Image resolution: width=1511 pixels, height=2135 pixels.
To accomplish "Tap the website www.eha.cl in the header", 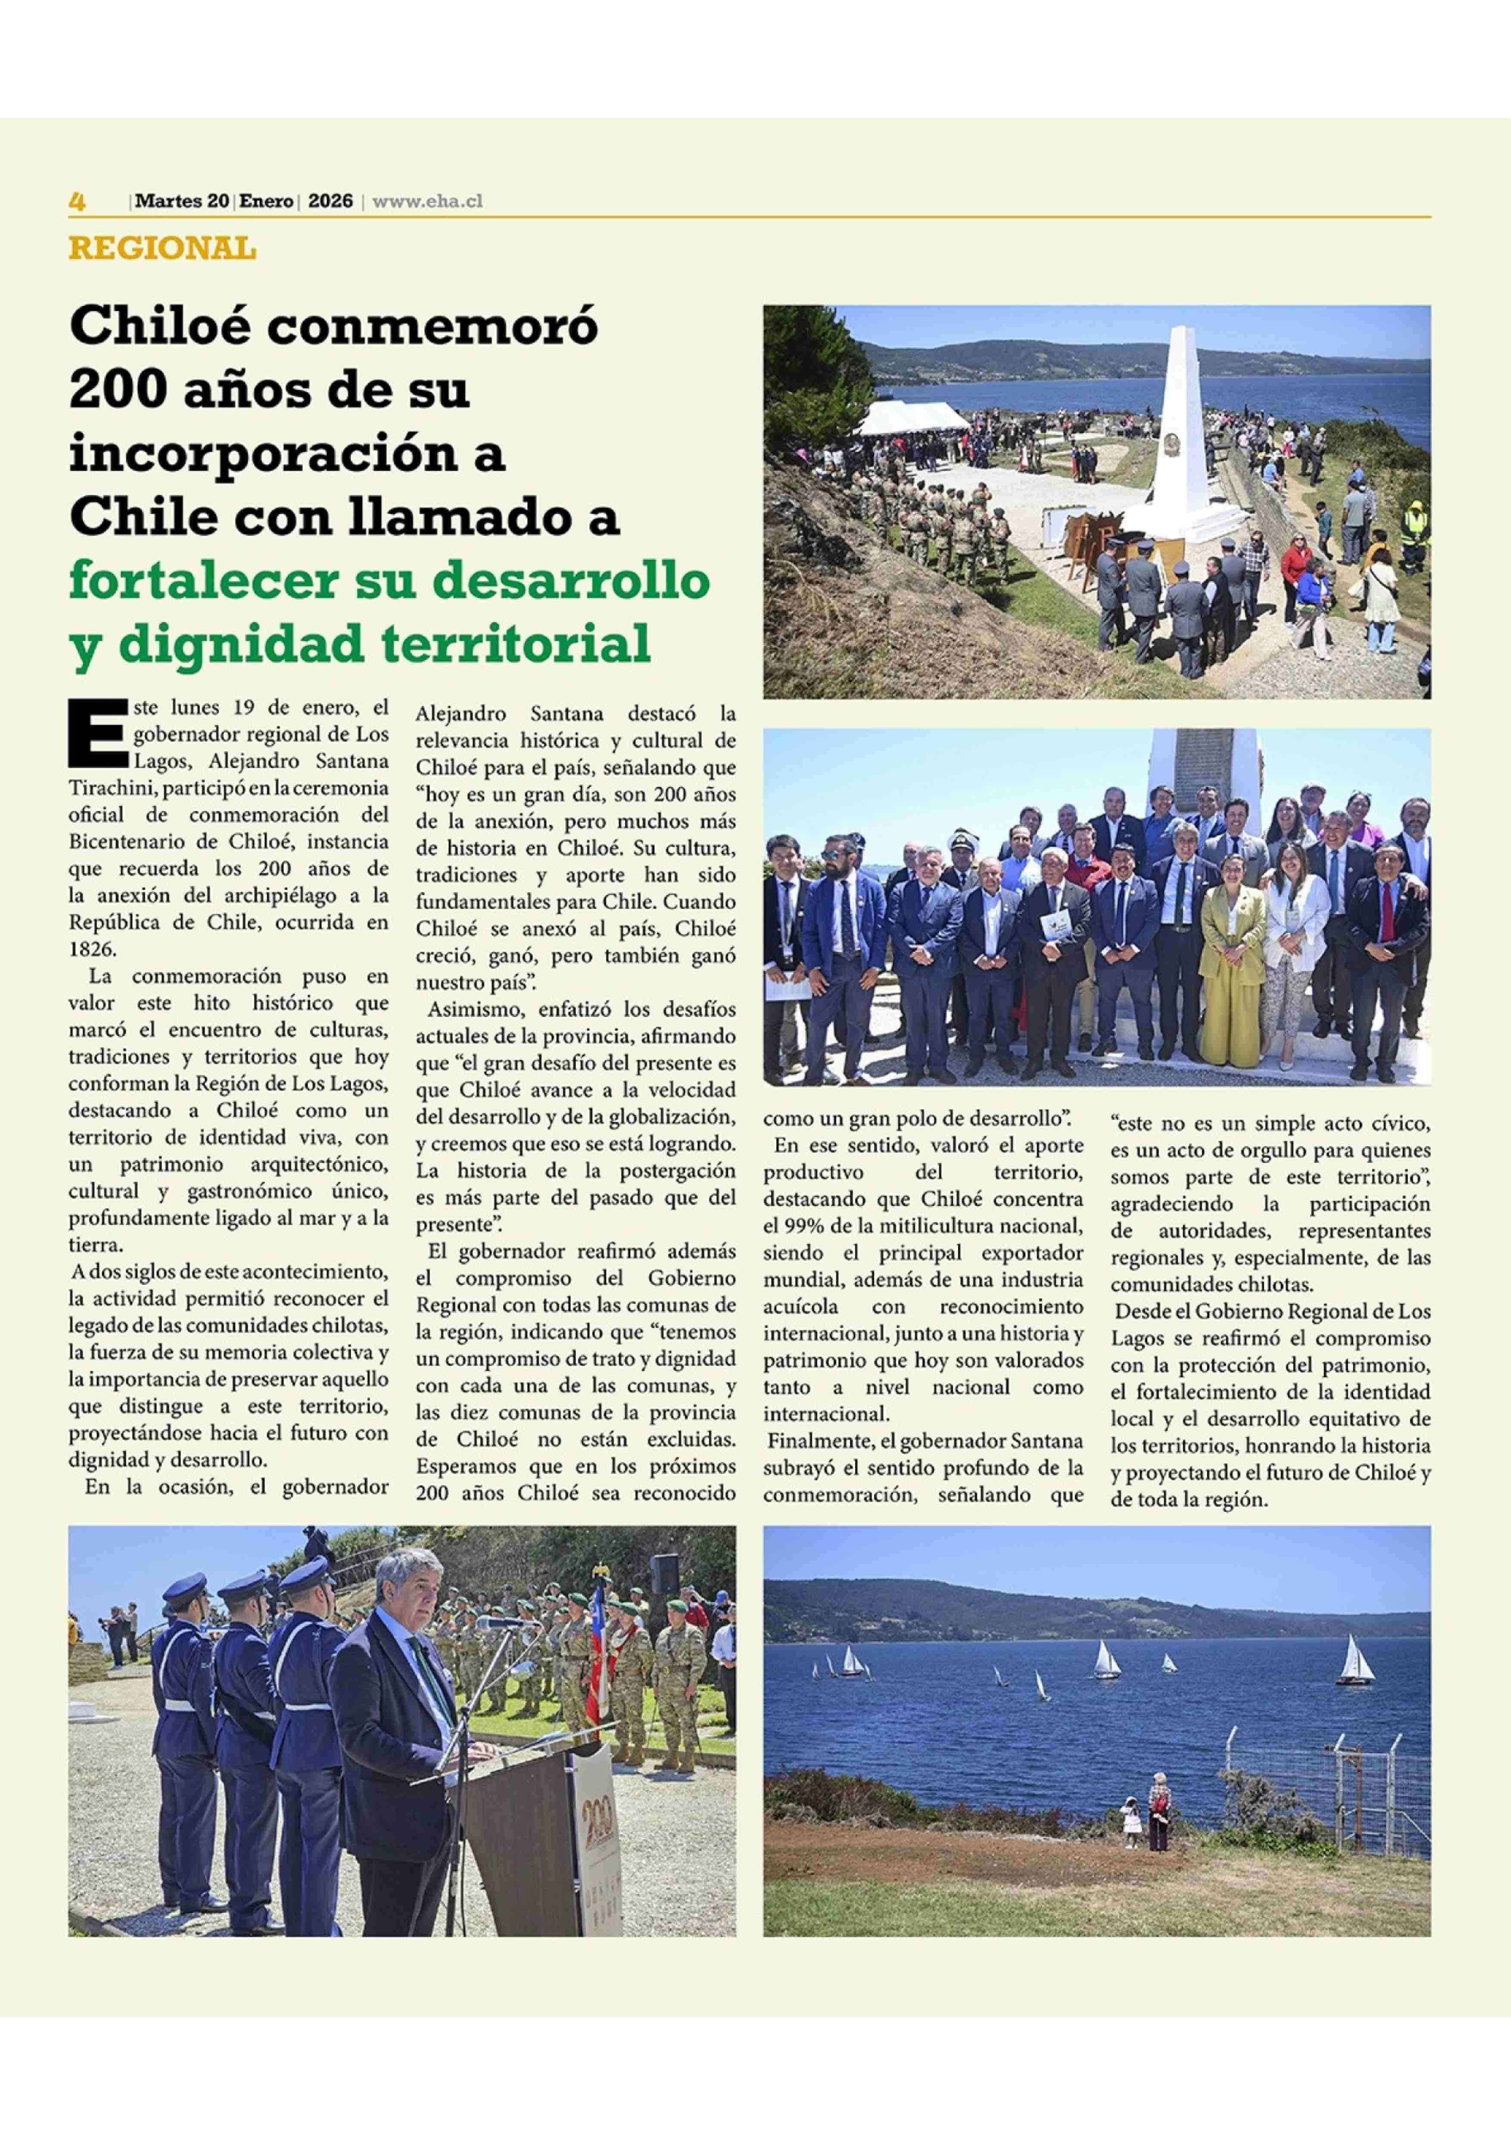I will pyautogui.click(x=427, y=201).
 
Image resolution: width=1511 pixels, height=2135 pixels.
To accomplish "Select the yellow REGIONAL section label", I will pyautogui.click(x=162, y=248).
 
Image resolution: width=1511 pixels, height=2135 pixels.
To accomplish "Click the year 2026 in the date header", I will pyautogui.click(x=330, y=201).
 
